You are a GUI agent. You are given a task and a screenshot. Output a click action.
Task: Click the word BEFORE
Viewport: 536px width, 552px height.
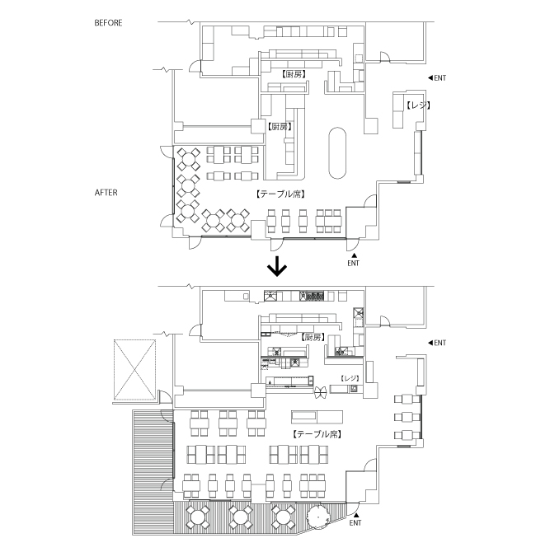[108, 23]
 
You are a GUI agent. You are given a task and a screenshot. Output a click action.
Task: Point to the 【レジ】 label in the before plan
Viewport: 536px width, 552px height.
[418, 105]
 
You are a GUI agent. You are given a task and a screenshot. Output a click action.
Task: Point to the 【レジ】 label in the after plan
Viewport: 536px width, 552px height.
[350, 377]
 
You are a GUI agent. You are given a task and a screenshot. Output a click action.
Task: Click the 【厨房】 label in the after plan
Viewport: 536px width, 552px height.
[312, 338]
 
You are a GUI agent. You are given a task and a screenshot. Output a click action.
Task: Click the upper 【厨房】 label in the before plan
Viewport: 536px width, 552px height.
[294, 74]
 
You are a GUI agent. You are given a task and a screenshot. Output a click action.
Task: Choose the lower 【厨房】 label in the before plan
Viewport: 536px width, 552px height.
[279, 127]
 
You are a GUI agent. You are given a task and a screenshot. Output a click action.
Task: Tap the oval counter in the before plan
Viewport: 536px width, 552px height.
[337, 152]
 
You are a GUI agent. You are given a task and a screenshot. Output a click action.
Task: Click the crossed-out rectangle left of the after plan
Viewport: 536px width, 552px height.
[134, 367]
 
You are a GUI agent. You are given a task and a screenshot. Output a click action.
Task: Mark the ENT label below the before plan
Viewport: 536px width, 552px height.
[353, 263]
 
